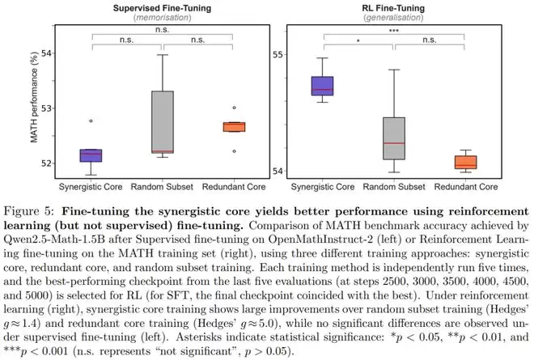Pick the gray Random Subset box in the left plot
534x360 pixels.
162,121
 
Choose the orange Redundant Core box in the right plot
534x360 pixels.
464,162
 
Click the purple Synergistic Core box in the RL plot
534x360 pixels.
323,85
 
